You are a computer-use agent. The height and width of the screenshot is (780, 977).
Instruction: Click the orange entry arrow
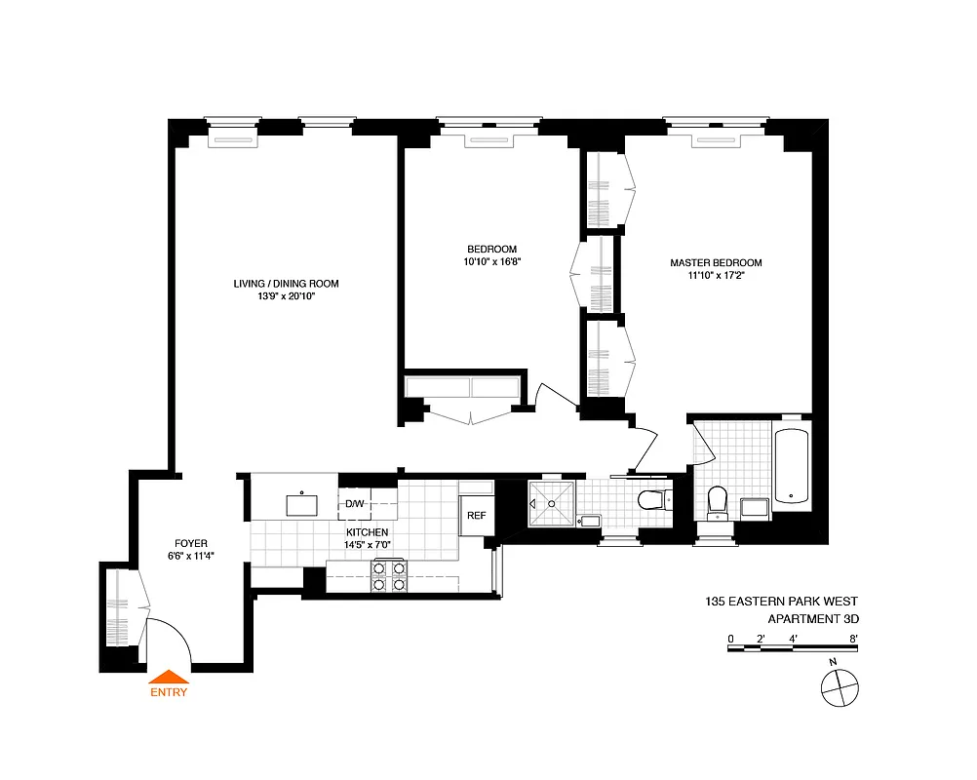tap(168, 677)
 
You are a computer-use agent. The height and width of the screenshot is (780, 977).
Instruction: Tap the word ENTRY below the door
tap(168, 694)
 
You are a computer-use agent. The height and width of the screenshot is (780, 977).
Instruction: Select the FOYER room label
tap(191, 543)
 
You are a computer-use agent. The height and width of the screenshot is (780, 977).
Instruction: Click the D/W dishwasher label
tap(355, 504)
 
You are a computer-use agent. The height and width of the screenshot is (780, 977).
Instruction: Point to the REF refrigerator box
tap(477, 516)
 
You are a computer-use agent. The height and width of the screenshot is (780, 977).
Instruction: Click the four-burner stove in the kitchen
tap(388, 576)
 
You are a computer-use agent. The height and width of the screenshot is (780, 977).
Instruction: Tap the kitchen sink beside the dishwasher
tap(302, 504)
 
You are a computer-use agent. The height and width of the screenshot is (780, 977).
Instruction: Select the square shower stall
tap(551, 503)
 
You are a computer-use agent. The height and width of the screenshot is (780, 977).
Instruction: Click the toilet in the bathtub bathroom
tap(717, 501)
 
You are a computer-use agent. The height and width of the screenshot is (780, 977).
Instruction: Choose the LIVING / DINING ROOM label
tap(286, 284)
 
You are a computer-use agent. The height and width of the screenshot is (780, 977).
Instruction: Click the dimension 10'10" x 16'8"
tap(491, 261)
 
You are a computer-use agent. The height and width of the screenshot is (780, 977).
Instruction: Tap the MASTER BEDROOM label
tap(716, 262)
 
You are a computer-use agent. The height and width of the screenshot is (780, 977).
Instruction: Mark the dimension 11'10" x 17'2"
tap(716, 276)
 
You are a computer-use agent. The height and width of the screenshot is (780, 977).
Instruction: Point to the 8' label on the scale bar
tap(853, 639)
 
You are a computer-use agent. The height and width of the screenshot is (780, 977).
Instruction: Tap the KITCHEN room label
tap(367, 531)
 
